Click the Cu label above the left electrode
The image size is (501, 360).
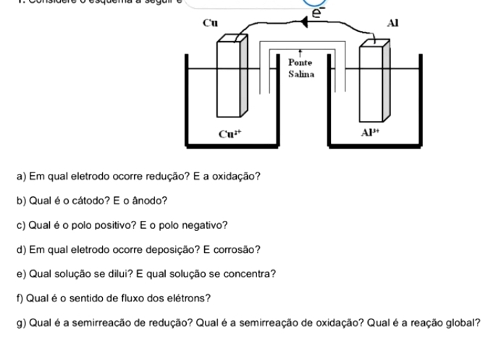coord(211,22)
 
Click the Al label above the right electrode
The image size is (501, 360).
coord(393,22)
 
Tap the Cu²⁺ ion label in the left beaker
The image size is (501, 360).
coord(230,133)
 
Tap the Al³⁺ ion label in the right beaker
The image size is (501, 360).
coord(371,133)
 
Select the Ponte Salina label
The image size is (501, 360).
coord(300,69)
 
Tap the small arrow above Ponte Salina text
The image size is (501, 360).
coord(300,56)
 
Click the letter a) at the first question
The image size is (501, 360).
coord(20,177)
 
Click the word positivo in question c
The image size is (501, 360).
coord(112,225)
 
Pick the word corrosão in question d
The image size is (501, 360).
coord(237,250)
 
